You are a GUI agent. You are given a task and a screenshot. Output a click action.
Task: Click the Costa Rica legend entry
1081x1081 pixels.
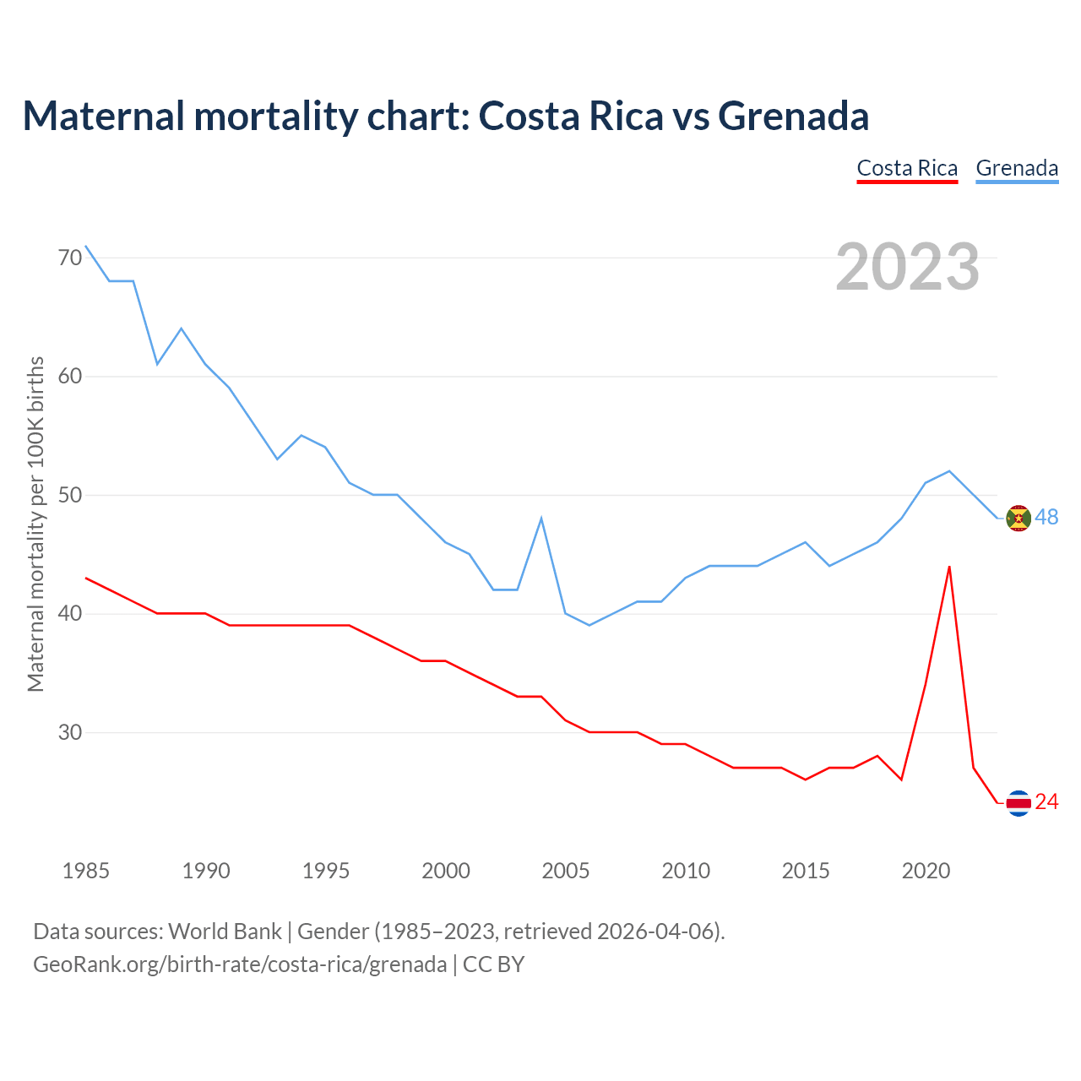tap(907, 168)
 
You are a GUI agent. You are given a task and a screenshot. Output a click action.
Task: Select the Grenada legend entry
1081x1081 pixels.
tap(1017, 168)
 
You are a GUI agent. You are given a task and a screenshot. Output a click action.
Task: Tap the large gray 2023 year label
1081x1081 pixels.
tap(908, 267)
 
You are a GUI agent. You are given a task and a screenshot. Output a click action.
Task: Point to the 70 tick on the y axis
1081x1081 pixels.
tap(70, 257)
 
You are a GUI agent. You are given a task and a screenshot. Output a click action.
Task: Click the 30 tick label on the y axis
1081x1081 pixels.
tap(70, 732)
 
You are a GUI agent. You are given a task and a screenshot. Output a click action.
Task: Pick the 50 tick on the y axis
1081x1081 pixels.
tap(70, 495)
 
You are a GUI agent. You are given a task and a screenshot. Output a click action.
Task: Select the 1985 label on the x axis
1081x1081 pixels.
tap(85, 871)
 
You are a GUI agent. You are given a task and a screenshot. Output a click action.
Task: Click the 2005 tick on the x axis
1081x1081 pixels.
tap(565, 871)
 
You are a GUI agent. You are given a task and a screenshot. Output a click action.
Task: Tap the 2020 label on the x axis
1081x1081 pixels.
tap(926, 871)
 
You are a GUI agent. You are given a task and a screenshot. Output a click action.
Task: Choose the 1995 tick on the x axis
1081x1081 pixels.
tap(326, 871)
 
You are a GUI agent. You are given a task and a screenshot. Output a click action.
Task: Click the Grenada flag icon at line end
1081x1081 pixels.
tap(1019, 518)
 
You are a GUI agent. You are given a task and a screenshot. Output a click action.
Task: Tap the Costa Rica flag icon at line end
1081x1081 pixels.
tap(1019, 802)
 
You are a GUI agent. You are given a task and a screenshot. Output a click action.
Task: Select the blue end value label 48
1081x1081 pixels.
tap(1047, 517)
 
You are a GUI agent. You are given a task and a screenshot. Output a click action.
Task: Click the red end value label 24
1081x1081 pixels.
tap(1047, 801)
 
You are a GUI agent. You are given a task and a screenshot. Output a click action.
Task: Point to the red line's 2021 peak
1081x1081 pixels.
tap(949, 567)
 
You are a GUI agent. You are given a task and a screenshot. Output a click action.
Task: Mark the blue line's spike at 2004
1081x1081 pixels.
tap(541, 519)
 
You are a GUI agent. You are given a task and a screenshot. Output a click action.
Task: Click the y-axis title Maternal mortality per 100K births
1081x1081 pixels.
tap(35, 524)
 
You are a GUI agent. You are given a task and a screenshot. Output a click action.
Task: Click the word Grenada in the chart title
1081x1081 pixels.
tap(793, 116)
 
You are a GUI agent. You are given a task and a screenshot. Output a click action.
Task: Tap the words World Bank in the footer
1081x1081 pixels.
tap(225, 932)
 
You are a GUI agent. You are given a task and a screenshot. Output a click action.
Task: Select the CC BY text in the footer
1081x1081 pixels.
tap(494, 964)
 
